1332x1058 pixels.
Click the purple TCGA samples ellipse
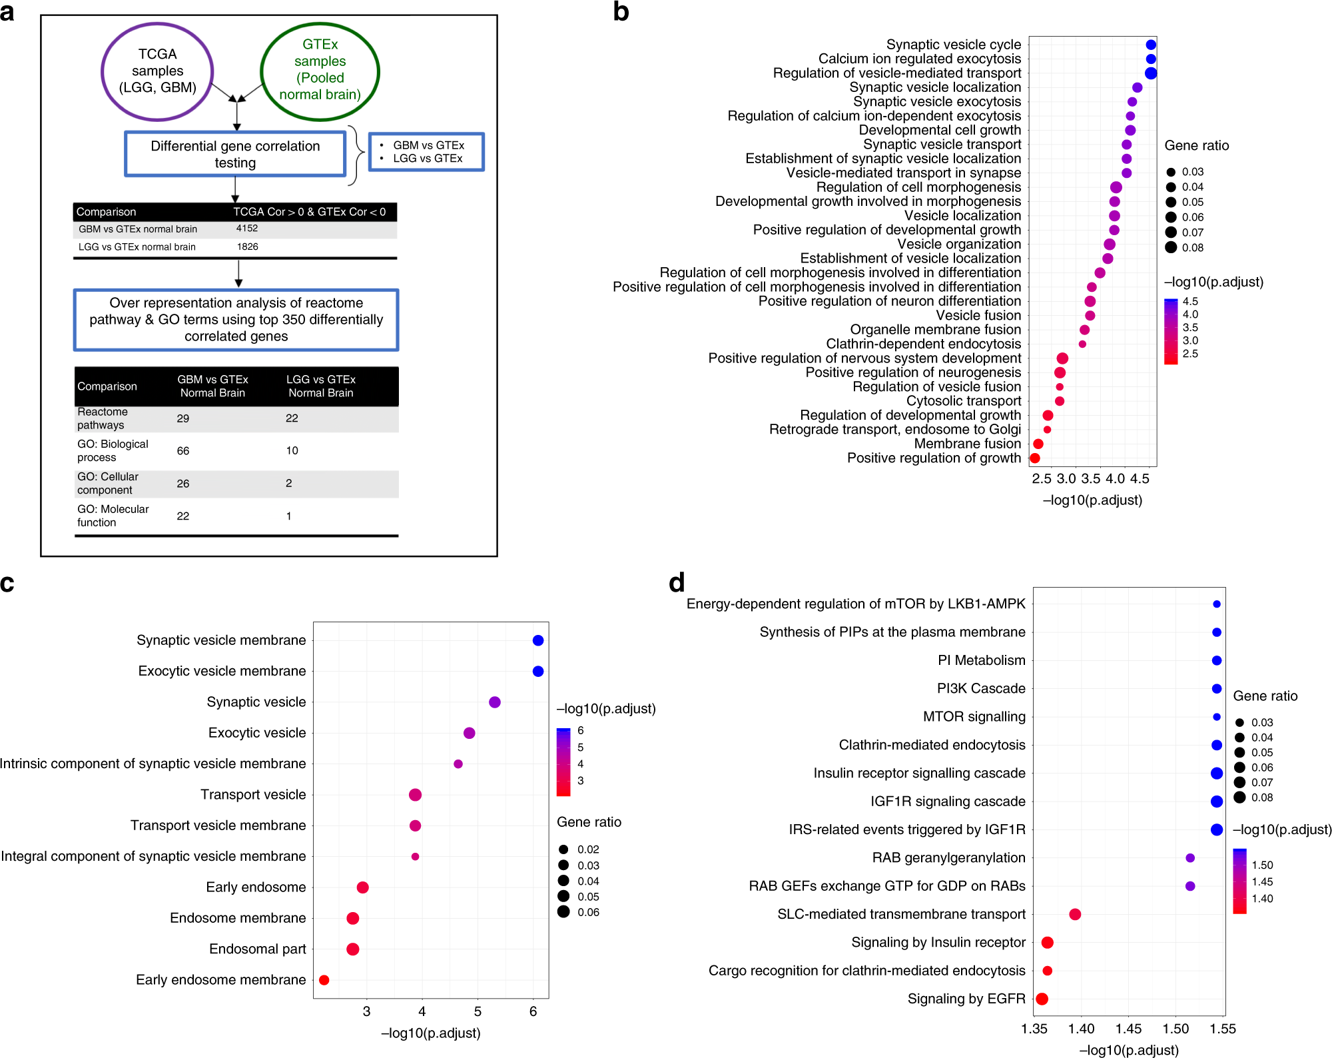pos(157,71)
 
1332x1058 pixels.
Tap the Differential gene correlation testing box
pos(235,154)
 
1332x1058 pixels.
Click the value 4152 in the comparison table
pos(247,229)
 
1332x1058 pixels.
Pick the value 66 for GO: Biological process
pos(183,451)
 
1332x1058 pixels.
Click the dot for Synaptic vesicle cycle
pos(1151,45)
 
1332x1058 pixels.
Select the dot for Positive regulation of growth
pos(1035,458)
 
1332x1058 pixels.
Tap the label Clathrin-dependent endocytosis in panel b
pos(923,344)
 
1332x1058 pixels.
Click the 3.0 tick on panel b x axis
pos(1066,478)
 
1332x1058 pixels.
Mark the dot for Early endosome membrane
pos(324,980)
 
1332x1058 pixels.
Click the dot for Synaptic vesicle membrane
pos(538,640)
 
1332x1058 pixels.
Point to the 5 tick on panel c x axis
pos(478,1011)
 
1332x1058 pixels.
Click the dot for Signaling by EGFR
pos(1042,999)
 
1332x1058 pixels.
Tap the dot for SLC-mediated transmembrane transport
pos(1075,914)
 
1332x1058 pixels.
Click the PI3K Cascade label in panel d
pos(981,688)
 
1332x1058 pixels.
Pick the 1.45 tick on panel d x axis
pos(1128,1029)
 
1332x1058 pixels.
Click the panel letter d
pos(677,583)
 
